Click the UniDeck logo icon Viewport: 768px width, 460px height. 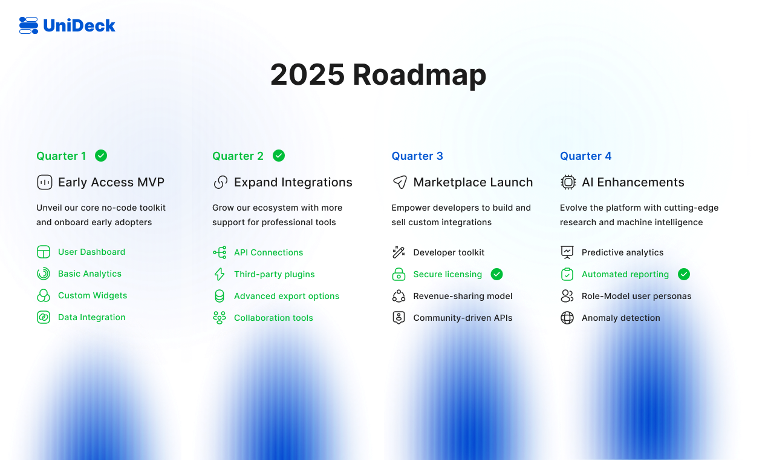(29, 25)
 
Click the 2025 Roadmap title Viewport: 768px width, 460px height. (378, 75)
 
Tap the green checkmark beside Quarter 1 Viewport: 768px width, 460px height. (101, 156)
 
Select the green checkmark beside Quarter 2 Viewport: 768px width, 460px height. (279, 156)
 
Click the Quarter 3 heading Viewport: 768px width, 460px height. (417, 156)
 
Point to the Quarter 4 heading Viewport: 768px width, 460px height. (585, 156)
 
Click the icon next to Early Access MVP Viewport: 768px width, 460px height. (45, 182)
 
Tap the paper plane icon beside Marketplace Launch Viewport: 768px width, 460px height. (400, 182)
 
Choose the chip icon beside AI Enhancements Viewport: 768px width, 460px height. (568, 182)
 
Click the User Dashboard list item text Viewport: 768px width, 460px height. (91, 252)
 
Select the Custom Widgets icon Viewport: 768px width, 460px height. (44, 295)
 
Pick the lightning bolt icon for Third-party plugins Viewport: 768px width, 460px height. (220, 274)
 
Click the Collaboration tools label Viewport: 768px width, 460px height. (273, 318)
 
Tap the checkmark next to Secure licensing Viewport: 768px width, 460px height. (496, 274)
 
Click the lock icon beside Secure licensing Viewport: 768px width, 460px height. (399, 274)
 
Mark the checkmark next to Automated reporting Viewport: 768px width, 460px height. (684, 274)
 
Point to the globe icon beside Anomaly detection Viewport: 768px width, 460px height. (567, 318)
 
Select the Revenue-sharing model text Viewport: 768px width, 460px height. (463, 296)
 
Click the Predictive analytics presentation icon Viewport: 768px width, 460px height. (567, 252)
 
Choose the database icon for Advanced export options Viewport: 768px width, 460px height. (220, 296)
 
